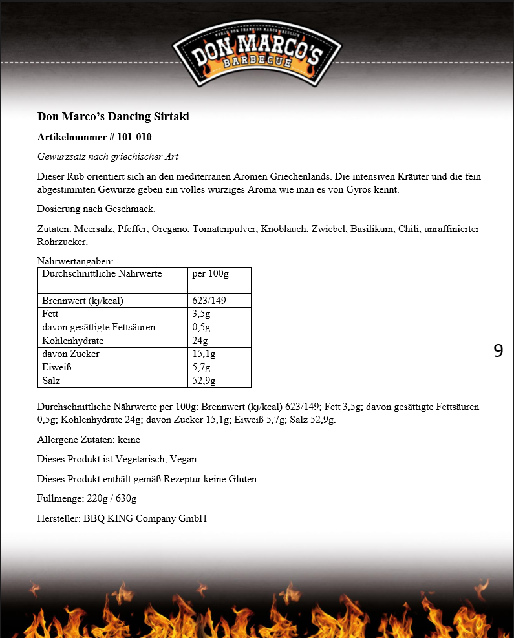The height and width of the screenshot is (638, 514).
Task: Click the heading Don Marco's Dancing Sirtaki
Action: (x=113, y=117)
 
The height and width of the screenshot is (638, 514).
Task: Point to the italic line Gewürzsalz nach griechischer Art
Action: (x=108, y=157)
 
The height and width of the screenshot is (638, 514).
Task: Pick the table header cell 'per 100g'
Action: (x=211, y=274)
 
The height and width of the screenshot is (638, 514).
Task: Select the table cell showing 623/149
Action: (x=209, y=301)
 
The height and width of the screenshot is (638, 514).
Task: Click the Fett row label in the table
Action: (x=50, y=314)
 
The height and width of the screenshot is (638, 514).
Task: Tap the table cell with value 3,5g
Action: (x=201, y=314)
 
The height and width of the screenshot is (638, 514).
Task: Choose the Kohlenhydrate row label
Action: (x=72, y=341)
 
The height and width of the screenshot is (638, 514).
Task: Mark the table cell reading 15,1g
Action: (x=204, y=354)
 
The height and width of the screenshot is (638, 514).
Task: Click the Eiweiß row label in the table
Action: (x=56, y=368)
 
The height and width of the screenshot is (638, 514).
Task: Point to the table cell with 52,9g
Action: (x=204, y=381)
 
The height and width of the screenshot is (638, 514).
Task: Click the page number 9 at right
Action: (x=498, y=351)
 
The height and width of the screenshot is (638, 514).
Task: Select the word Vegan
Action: (x=184, y=460)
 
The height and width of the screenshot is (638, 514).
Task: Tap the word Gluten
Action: (x=242, y=480)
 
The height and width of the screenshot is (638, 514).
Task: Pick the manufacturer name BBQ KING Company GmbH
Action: (x=145, y=519)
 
